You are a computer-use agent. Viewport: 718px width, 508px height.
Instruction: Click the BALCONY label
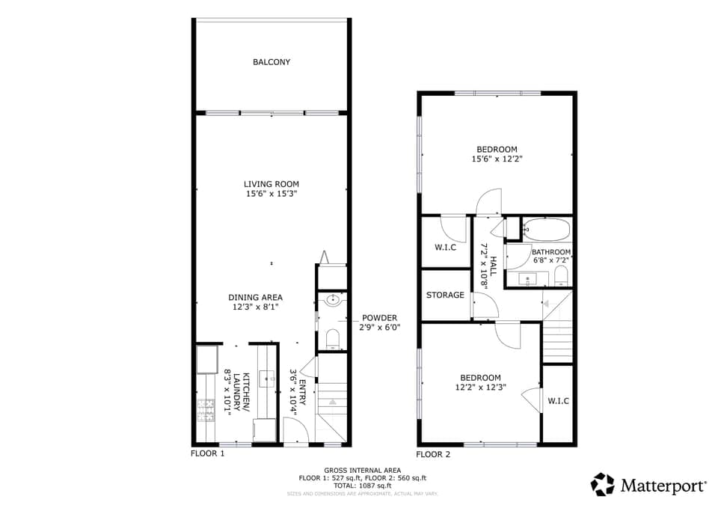[271, 62]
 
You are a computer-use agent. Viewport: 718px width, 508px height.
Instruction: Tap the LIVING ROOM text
[271, 184]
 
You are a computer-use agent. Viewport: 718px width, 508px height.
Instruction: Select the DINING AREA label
[255, 297]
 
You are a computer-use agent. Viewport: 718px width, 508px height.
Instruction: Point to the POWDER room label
[379, 317]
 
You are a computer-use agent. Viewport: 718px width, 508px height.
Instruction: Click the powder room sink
[333, 301]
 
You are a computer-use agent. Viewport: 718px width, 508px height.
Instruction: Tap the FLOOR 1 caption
[208, 453]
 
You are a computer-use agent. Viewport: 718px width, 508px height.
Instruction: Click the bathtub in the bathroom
[546, 228]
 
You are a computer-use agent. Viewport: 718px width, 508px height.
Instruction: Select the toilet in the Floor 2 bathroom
[562, 276]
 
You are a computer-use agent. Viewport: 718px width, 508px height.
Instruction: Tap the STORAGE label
[445, 295]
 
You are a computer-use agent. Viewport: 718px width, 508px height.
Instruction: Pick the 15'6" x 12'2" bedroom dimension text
[496, 159]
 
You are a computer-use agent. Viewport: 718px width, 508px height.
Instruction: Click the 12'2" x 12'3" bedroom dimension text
[480, 387]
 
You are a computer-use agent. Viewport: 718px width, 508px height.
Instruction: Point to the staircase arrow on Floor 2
[545, 304]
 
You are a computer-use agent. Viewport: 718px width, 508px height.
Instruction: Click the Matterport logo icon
[602, 485]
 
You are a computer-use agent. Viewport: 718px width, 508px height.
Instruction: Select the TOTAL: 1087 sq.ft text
[363, 486]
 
